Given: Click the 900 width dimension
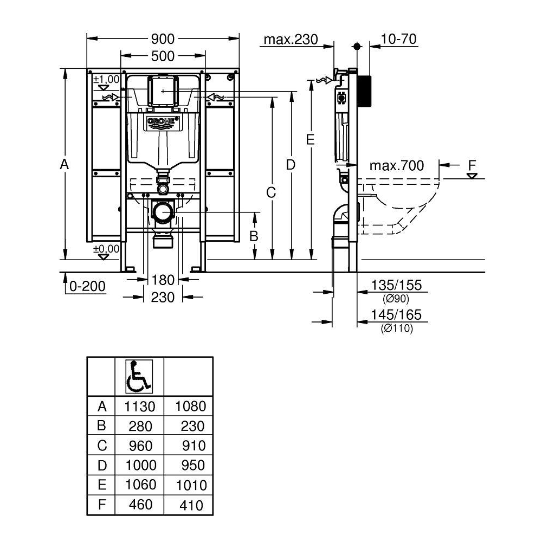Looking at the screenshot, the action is [163, 39].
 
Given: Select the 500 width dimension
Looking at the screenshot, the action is [163, 56].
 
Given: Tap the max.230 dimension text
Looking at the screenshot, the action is [291, 40].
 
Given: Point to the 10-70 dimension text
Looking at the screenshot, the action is [398, 39].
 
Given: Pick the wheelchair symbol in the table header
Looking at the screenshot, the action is [139, 377].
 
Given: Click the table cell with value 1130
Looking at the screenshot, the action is [139, 406].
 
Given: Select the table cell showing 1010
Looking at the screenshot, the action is [191, 485].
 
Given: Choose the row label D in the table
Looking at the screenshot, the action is [102, 466].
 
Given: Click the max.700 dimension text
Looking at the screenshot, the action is [397, 166].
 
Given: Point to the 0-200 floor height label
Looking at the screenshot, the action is [87, 286].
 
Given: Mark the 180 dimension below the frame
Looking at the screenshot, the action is [163, 280].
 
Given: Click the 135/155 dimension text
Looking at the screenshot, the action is [396, 285].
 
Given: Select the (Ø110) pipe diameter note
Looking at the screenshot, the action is [397, 328].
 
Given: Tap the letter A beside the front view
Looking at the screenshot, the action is [64, 164].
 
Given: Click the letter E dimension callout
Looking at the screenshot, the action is [311, 140].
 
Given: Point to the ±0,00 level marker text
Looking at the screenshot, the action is [106, 249].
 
